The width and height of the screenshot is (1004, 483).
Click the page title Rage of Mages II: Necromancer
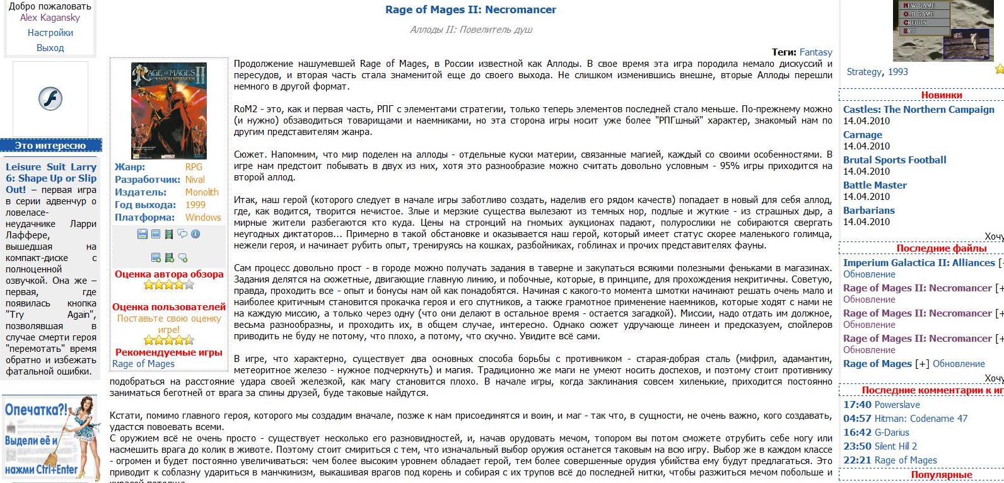pyautogui.click(x=470, y=9)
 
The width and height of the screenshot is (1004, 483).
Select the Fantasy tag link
pyautogui.click(x=815, y=52)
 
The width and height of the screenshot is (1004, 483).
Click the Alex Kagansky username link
pyautogui.click(x=50, y=18)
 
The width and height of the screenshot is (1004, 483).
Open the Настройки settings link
pyautogui.click(x=50, y=33)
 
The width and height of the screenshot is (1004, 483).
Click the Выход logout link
pyautogui.click(x=50, y=48)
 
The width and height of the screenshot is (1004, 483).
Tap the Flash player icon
pyautogui.click(x=50, y=99)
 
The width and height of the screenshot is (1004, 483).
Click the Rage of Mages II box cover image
pyautogui.click(x=169, y=110)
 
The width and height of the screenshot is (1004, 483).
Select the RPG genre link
pyautogui.click(x=194, y=167)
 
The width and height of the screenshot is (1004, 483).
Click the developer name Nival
pyautogui.click(x=195, y=180)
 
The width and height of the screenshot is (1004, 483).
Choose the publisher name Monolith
pyautogui.click(x=202, y=192)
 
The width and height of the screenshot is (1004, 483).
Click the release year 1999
pyautogui.click(x=196, y=205)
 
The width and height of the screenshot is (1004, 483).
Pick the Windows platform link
pyautogui.click(x=203, y=218)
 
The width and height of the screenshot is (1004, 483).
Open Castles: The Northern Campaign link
pyautogui.click(x=918, y=110)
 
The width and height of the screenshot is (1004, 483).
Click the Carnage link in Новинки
pyautogui.click(x=862, y=135)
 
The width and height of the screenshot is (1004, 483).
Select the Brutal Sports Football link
pyautogui.click(x=894, y=160)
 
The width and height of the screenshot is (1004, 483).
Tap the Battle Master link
pyautogui.click(x=875, y=185)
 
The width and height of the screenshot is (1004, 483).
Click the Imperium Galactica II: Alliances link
pyautogui.click(x=918, y=263)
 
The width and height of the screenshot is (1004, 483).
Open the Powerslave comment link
pyautogui.click(x=897, y=405)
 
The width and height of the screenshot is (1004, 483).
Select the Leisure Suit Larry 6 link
pyautogui.click(x=51, y=178)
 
